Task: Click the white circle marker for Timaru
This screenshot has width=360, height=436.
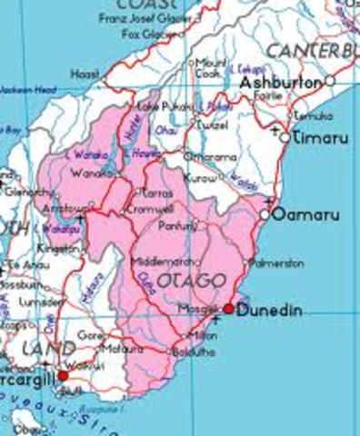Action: [x=285, y=137]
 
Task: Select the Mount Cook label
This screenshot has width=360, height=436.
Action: [x=211, y=67]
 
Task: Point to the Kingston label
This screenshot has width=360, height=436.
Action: [x=61, y=247]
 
